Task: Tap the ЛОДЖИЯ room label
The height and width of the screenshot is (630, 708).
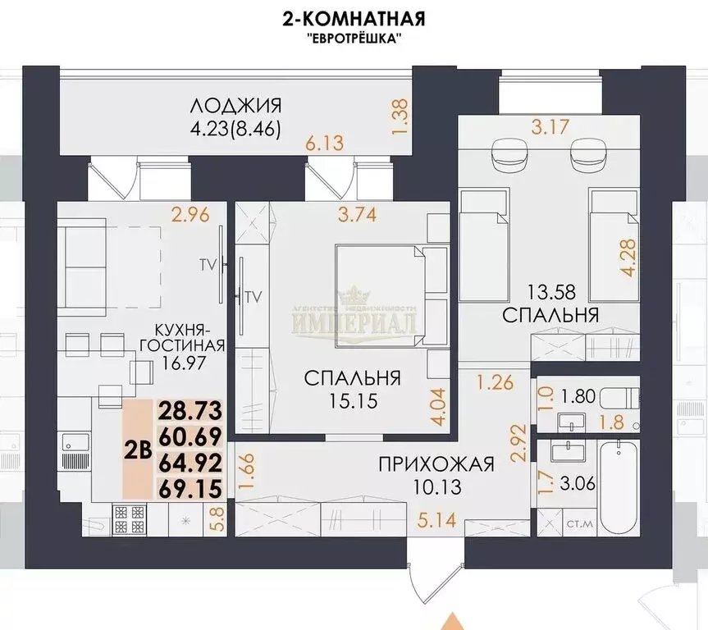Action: [236, 106]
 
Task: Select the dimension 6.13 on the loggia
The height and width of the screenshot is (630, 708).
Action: [324, 143]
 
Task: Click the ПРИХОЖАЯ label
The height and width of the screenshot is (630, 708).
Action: [436, 466]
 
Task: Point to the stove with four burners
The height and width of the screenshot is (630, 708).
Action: [127, 518]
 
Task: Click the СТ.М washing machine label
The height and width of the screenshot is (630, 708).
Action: [577, 521]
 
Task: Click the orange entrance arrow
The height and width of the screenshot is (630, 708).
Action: [447, 621]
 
